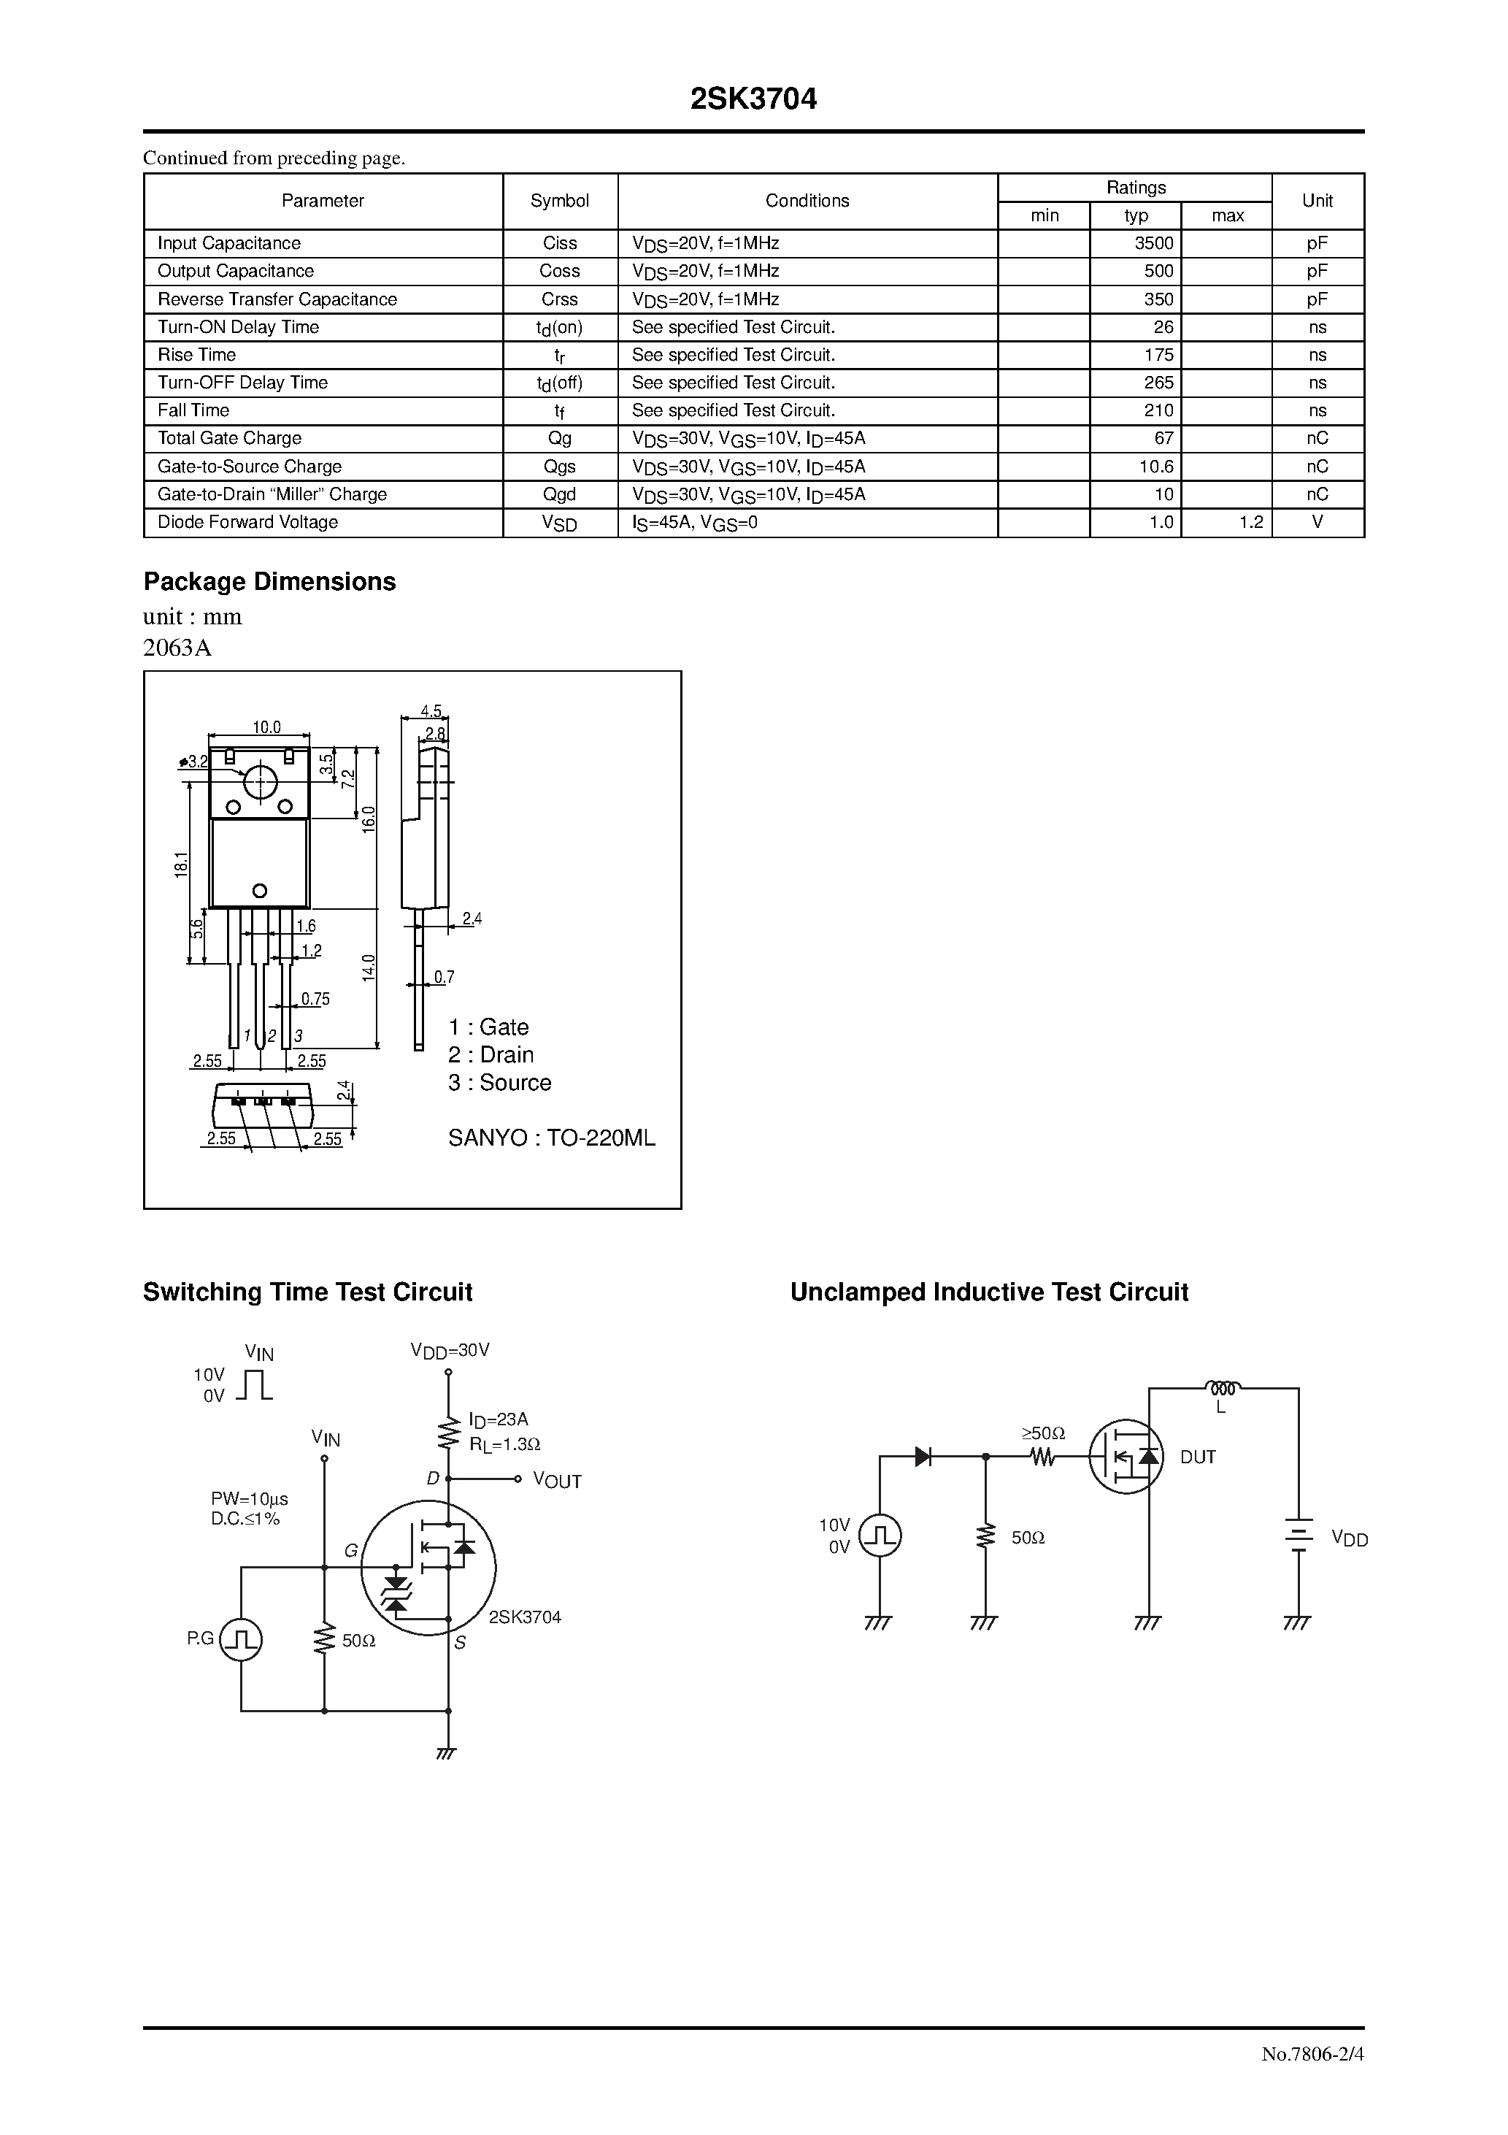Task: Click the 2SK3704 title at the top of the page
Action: pos(753,99)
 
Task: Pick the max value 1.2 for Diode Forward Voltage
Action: pos(1250,521)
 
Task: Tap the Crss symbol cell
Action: pos(559,299)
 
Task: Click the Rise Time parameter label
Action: pos(196,354)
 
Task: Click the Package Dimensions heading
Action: pos(269,581)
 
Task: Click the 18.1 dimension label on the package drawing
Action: pos(180,864)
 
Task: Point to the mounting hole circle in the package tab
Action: pos(261,781)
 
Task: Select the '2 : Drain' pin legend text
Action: pos(491,1054)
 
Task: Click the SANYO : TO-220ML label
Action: pos(551,1138)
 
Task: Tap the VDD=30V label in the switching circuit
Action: pos(450,1350)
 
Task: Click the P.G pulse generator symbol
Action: pos(241,1639)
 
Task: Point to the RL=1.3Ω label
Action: pos(505,1444)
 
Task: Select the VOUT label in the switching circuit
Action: pos(557,1480)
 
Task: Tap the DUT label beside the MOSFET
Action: pos(1198,1457)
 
